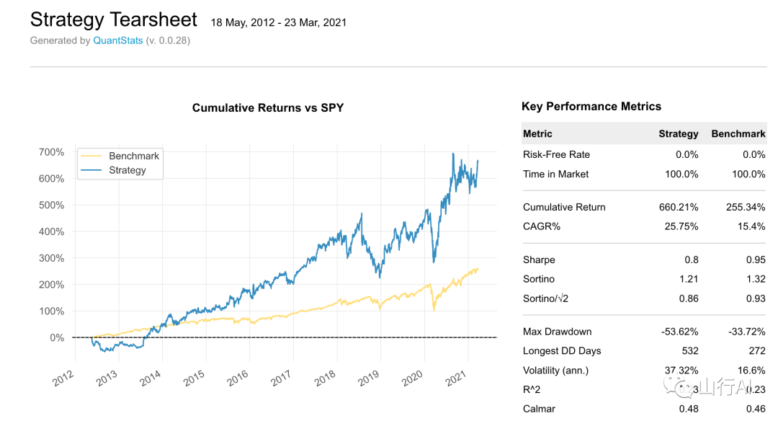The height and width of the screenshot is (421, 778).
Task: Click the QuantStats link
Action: (x=117, y=41)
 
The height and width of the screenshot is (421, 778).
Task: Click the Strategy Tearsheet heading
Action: (x=115, y=19)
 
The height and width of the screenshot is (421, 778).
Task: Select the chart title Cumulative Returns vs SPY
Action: (x=268, y=108)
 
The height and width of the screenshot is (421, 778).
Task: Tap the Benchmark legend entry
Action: (x=134, y=156)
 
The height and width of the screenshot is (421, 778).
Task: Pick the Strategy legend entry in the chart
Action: (x=128, y=170)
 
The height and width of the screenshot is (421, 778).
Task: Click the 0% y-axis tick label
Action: (x=58, y=337)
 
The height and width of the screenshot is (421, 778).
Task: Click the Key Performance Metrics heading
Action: (x=591, y=107)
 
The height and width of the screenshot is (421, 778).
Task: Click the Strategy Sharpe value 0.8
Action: (x=691, y=260)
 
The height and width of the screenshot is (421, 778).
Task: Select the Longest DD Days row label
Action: (x=562, y=351)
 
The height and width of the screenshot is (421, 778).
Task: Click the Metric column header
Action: (x=537, y=133)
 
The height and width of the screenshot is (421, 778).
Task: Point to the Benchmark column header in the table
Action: (x=738, y=133)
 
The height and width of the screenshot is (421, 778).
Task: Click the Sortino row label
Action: (x=539, y=279)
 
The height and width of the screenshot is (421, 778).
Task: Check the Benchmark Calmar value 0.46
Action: (x=754, y=409)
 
